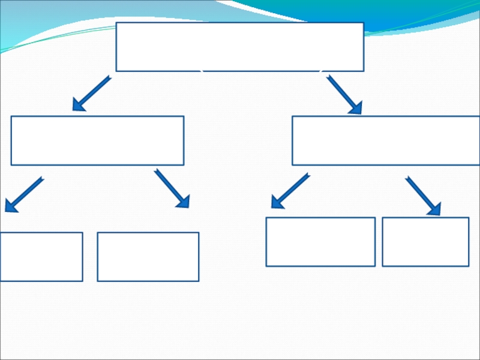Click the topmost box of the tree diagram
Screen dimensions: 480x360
click(239, 47)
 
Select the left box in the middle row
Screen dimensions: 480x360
click(97, 140)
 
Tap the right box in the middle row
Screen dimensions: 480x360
click(386, 140)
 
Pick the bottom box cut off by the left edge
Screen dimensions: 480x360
click(41, 257)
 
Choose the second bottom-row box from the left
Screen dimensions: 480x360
click(148, 257)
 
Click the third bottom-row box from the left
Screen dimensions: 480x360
click(320, 242)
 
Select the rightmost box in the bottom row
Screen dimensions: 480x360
click(425, 242)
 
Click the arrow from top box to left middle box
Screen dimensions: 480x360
click(91, 94)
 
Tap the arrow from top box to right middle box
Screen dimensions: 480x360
click(344, 94)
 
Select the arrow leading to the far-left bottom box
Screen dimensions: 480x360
click(24, 194)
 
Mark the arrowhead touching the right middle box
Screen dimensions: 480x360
click(356, 108)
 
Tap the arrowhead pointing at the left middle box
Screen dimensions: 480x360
click(77, 106)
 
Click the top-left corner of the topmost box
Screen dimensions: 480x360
click(116, 23)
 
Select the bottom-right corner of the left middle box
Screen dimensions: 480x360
click(183, 164)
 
